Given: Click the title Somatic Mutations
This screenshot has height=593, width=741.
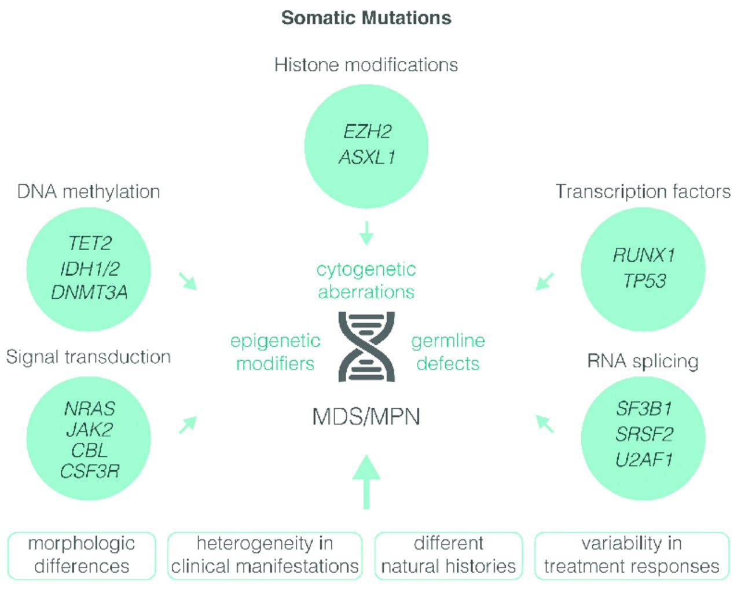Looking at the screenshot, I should point(366,18).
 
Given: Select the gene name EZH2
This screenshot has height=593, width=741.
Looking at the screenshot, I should point(367,131).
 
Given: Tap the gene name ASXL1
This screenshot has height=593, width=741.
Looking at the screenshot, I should point(367,157).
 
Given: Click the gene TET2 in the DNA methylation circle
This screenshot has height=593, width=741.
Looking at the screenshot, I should point(89,243).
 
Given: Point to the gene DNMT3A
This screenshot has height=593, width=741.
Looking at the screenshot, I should point(89,292).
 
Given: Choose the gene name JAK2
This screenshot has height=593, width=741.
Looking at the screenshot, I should point(89,430).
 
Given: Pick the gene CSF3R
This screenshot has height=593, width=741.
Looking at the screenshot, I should point(89,471).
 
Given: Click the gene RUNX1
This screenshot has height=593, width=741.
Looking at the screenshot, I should point(644,255).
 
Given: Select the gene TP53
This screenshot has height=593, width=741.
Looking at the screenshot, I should point(644,281).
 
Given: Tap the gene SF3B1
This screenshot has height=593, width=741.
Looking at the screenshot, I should point(644,409).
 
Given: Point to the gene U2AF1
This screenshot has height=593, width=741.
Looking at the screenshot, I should point(644,460).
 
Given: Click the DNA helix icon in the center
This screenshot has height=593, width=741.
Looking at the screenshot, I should point(366,346).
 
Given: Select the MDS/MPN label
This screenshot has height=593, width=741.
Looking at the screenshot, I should point(366,417).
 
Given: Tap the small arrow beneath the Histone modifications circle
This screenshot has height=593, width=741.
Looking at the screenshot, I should point(366,233).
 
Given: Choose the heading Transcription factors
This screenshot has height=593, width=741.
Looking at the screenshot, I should point(643,192).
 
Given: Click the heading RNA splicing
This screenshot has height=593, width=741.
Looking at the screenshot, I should point(643,361).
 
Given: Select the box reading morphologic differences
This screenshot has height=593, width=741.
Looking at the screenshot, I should point(82,555).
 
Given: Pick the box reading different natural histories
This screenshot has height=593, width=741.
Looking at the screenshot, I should point(449,555).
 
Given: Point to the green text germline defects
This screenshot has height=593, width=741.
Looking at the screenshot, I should point(448,352).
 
